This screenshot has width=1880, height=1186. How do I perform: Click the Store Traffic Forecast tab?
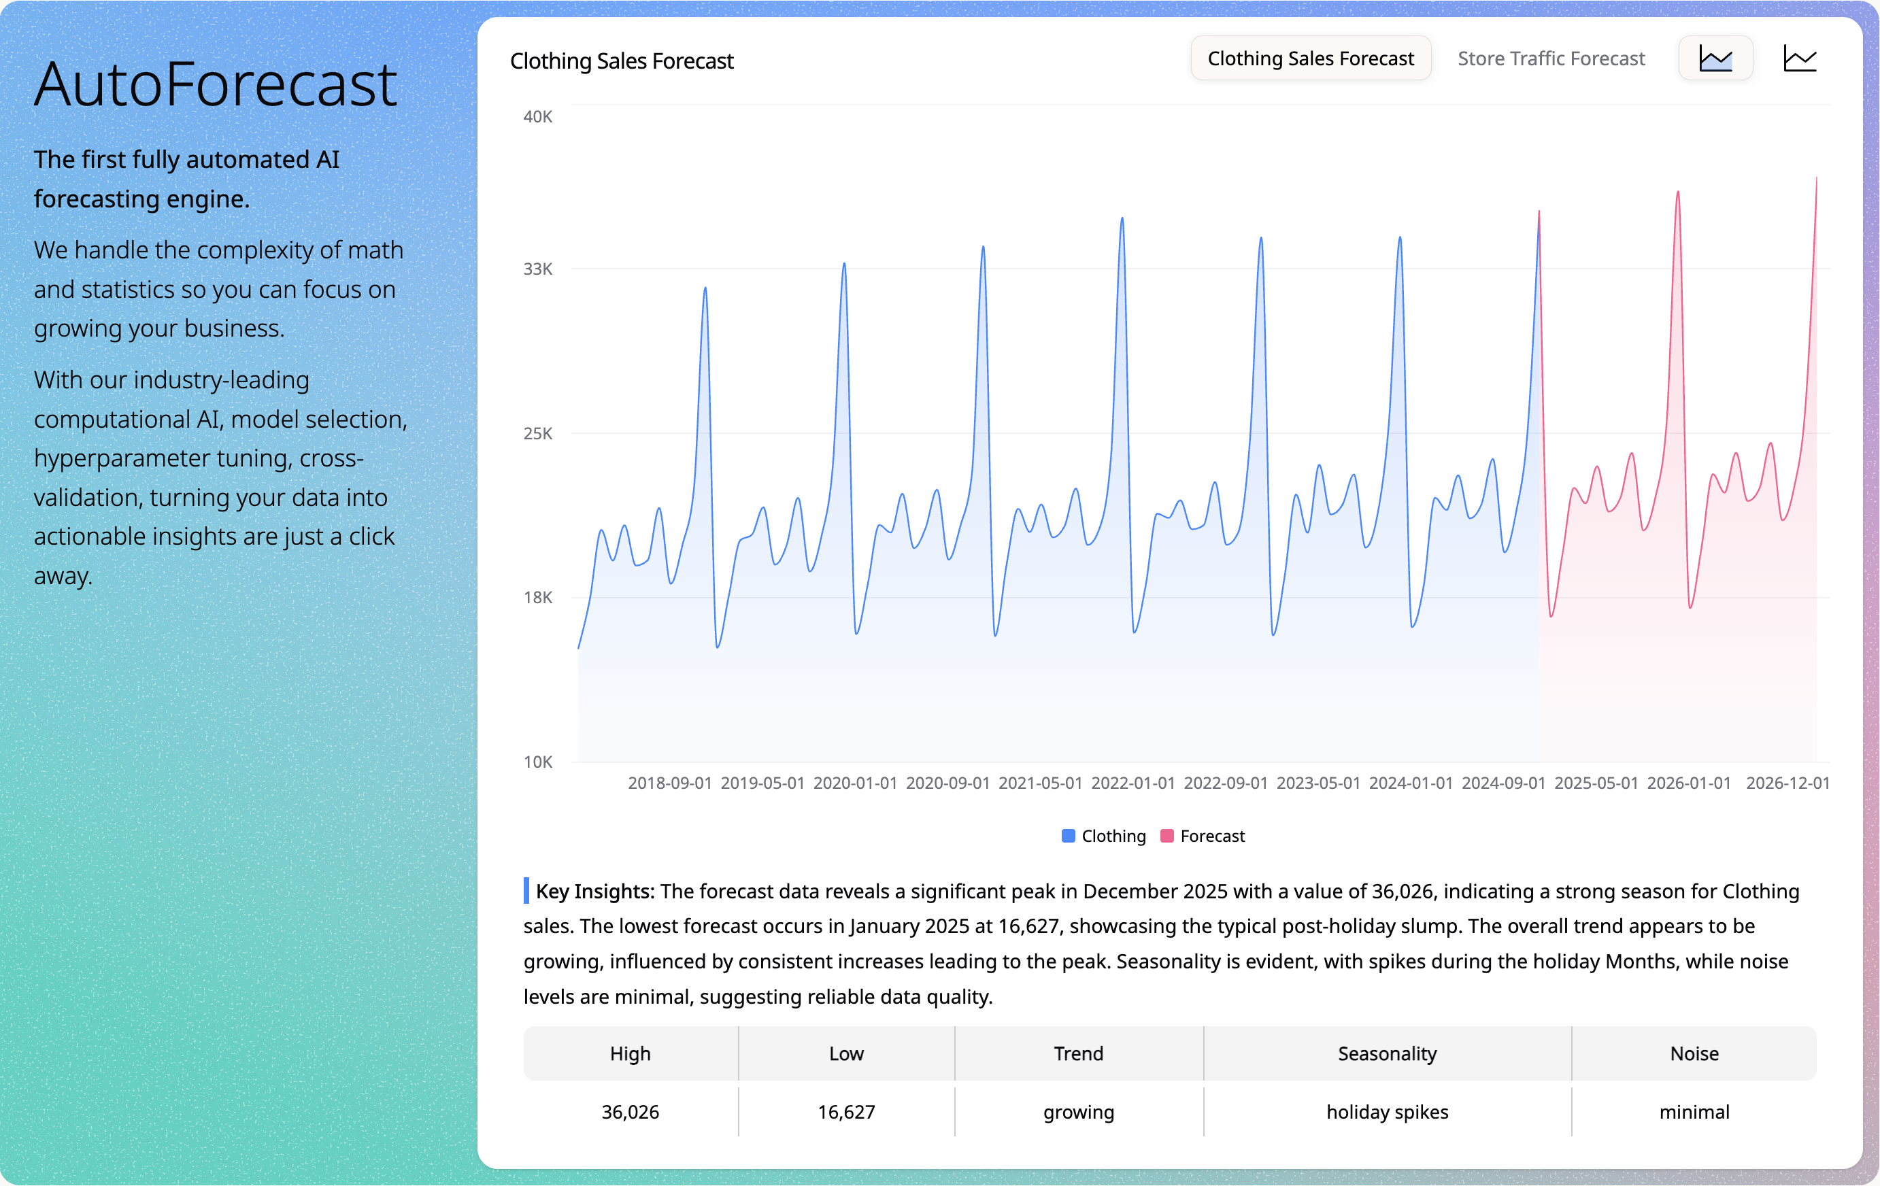click(x=1551, y=58)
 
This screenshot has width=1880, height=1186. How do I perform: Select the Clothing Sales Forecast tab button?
click(x=1310, y=58)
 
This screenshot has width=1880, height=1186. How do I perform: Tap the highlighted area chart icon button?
click(x=1715, y=58)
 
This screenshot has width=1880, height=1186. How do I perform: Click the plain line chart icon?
click(x=1800, y=58)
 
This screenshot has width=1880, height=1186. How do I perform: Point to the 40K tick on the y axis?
click(x=537, y=117)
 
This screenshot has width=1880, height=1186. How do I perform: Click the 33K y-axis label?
click(x=537, y=269)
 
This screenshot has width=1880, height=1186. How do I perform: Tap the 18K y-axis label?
click(x=537, y=598)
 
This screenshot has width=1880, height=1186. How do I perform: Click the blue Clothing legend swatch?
click(x=1068, y=836)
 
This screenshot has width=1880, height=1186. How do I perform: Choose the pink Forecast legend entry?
click(x=1203, y=836)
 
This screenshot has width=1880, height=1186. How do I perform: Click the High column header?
click(x=630, y=1054)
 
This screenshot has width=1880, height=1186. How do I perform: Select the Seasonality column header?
click(x=1387, y=1054)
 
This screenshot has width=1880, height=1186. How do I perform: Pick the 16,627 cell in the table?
click(x=846, y=1112)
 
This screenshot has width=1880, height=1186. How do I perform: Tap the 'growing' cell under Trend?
click(x=1078, y=1112)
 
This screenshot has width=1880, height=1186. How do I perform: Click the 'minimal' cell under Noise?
click(x=1694, y=1112)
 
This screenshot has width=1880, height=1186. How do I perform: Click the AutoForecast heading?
click(x=216, y=84)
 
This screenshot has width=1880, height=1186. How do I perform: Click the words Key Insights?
click(x=595, y=892)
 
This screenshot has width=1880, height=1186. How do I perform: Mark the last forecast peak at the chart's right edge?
click(x=1816, y=179)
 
